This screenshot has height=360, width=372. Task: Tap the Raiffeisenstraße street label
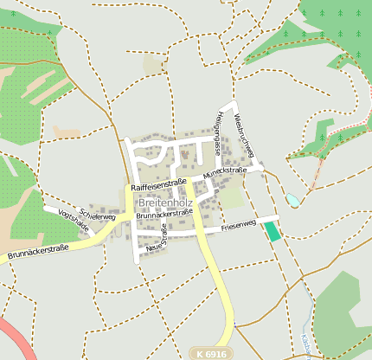click(159, 185)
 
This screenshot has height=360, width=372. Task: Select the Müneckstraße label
click(225, 173)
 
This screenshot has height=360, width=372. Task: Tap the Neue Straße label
click(157, 238)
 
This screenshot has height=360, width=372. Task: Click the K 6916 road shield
click(211, 354)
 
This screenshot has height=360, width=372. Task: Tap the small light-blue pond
click(293, 201)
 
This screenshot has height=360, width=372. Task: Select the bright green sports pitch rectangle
click(273, 230)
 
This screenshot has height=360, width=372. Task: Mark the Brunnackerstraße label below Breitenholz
click(164, 213)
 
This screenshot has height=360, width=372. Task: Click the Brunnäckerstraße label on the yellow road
click(37, 253)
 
